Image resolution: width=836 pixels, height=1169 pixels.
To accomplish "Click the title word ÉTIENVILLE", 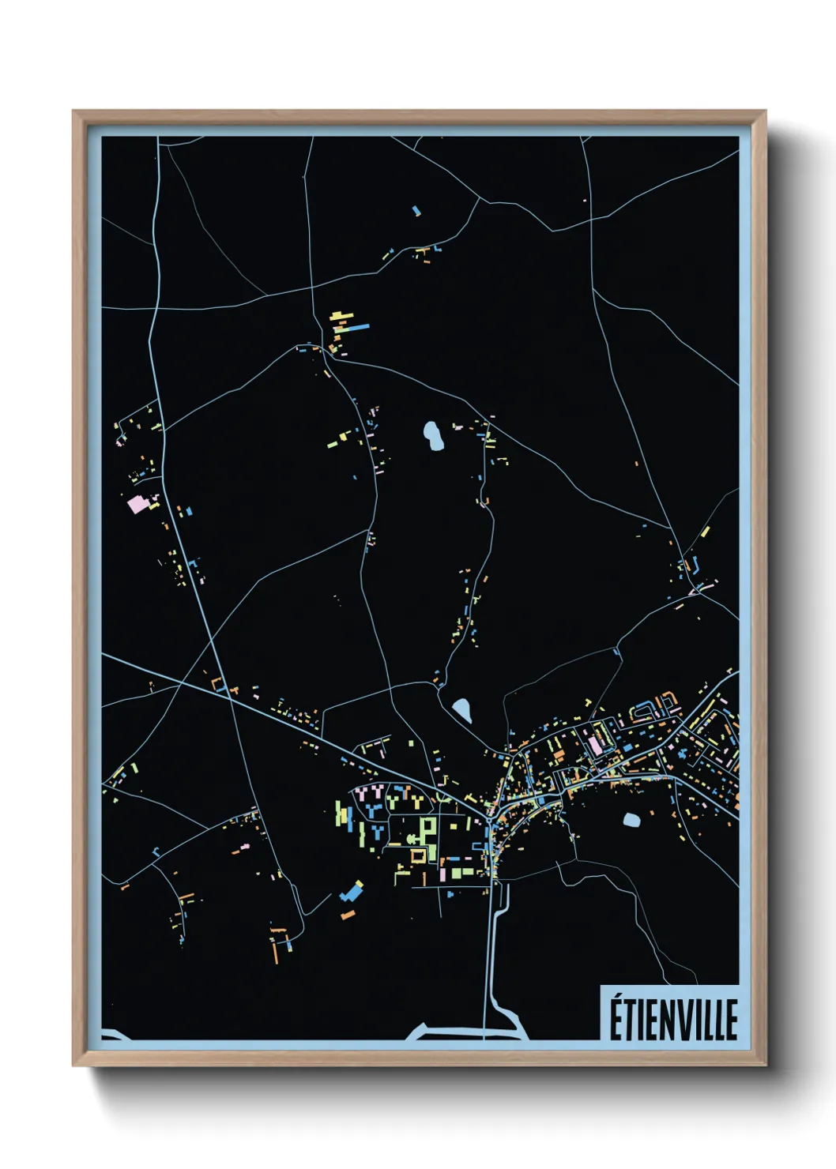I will tap(672, 1019).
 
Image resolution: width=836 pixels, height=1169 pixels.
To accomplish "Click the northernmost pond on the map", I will tap(433, 436).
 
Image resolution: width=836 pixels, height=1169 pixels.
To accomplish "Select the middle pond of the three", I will tap(461, 710).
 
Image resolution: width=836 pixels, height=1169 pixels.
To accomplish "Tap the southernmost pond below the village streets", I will tap(631, 820).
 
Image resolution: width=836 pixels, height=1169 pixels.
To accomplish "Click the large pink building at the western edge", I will tap(137, 503).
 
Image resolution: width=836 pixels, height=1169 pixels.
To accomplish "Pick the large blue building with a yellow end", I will tap(350, 892).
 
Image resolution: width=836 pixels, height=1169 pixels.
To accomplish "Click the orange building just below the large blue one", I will tap(348, 915).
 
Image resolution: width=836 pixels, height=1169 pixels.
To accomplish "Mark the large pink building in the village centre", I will tap(594, 744).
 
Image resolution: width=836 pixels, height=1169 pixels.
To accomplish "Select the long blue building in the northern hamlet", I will tap(360, 326).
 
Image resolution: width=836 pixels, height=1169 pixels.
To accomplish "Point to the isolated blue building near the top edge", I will tap(416, 210).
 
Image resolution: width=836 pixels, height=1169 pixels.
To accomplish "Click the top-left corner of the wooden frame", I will tap(73, 111).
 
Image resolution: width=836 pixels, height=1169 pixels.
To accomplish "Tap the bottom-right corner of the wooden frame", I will tap(765, 1066).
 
